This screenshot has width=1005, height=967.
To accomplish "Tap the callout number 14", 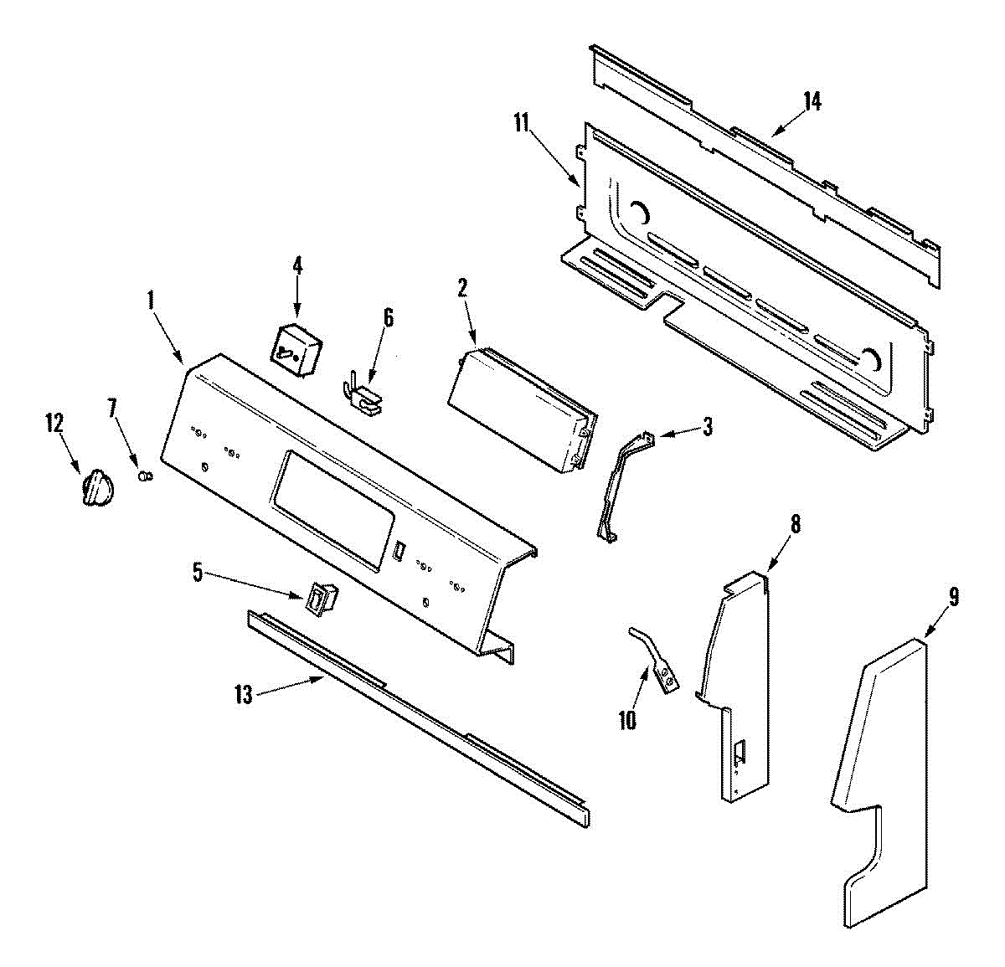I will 812,101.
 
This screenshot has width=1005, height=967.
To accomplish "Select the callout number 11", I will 522,123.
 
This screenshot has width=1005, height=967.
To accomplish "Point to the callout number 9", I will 953,597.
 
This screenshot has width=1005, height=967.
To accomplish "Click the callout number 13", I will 243,695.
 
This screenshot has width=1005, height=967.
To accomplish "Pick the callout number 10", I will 627,719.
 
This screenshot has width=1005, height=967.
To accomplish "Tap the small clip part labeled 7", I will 146,476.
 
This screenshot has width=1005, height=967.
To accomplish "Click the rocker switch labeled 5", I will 322,599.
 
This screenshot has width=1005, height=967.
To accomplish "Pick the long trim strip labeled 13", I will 419,712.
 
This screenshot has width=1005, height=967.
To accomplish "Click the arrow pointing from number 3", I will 678,432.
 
